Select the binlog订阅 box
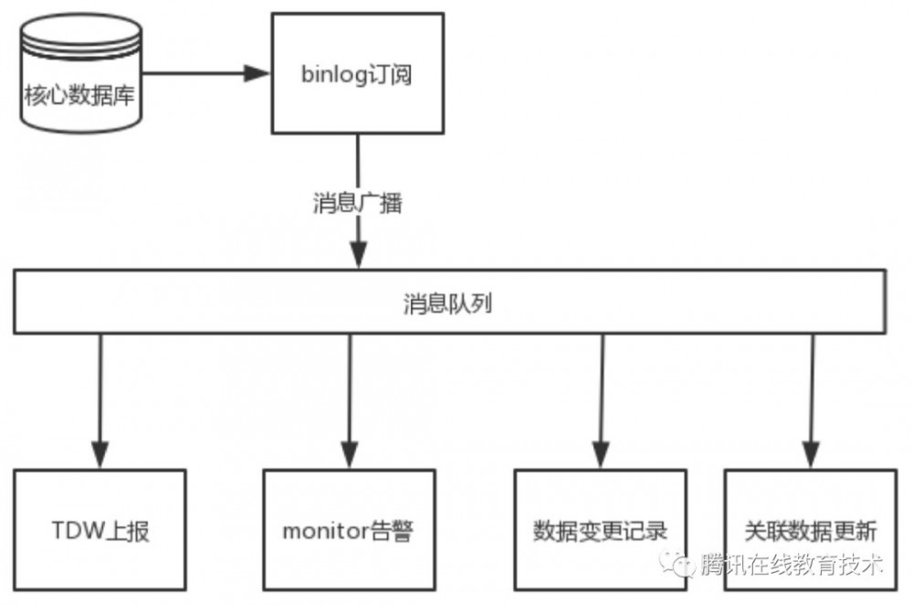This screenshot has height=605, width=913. click(357, 74)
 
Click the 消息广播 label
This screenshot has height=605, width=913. click(357, 203)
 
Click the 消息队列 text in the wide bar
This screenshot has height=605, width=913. click(447, 304)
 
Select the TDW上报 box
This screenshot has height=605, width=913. click(100, 530)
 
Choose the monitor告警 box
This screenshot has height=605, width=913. click(348, 530)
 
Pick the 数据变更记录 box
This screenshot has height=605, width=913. click(599, 530)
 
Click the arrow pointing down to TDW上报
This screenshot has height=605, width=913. click(99, 402)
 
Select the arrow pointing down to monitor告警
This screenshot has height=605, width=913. click(351, 402)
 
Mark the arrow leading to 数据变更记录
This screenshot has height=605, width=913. click(600, 402)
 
